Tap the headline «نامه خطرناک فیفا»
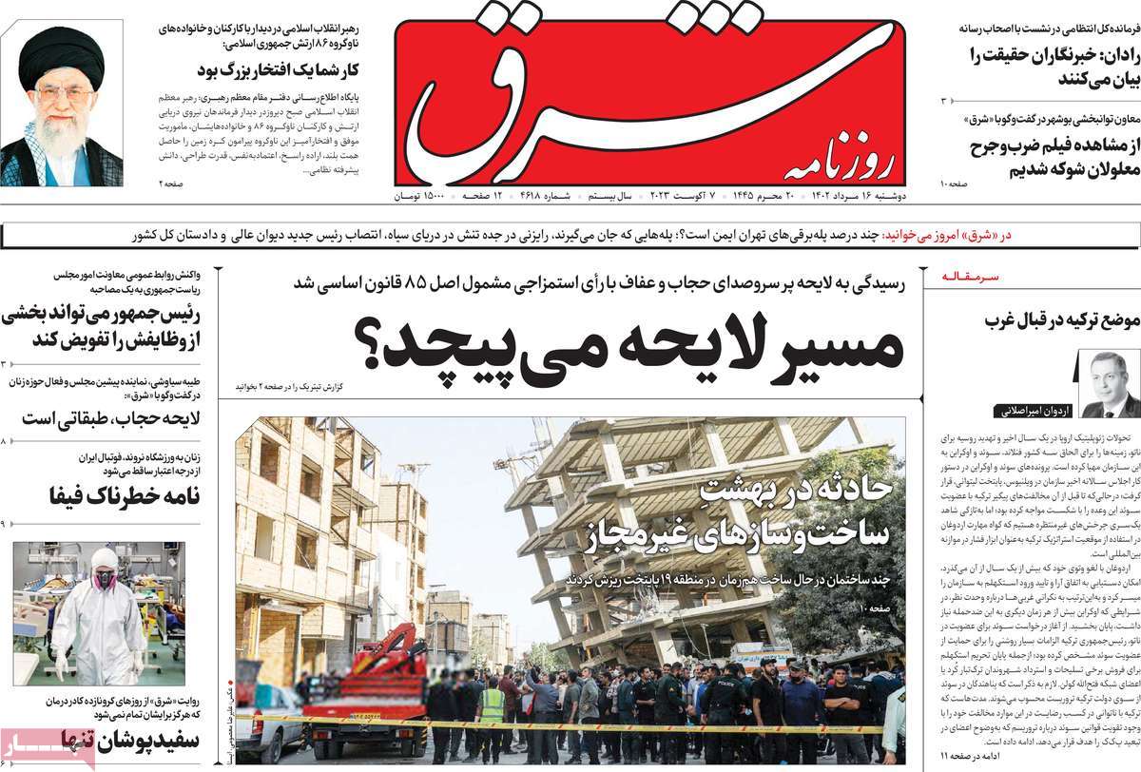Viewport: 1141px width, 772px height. click(x=105, y=493)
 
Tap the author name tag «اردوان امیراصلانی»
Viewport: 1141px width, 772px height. click(x=1035, y=412)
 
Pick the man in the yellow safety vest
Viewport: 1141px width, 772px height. click(x=492, y=708)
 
